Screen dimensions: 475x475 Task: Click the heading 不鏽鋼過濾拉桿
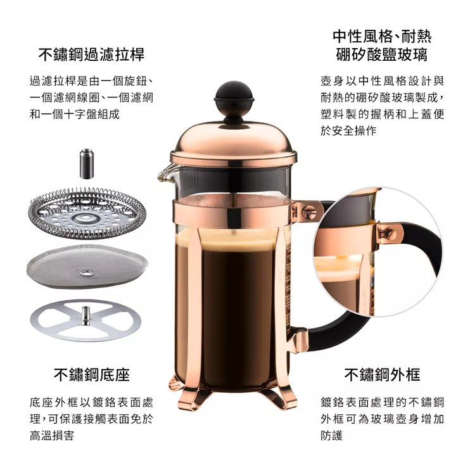(91, 54)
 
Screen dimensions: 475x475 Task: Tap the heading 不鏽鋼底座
(91, 375)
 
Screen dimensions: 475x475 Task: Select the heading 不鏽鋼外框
(382, 375)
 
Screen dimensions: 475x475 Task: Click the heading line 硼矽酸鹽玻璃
(382, 54)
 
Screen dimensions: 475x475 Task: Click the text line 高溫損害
(51, 436)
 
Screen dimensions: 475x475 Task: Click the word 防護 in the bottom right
(332, 436)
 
